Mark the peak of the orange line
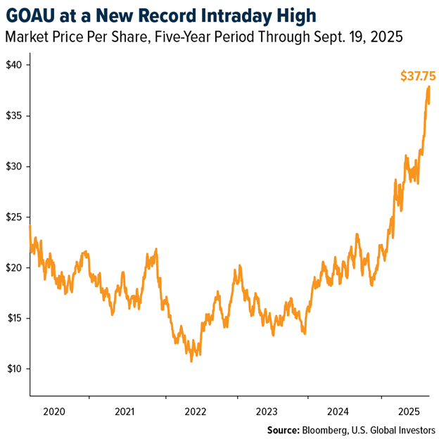point(428,87)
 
